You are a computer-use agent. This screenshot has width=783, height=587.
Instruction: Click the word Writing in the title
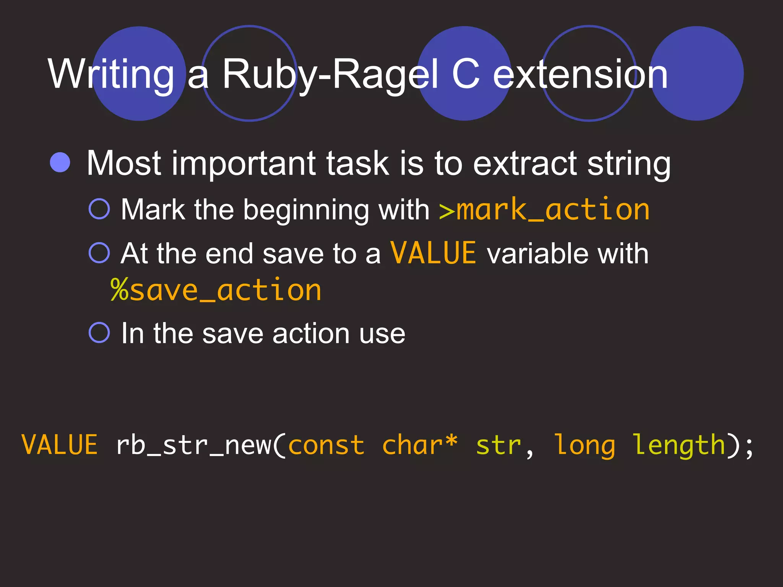point(111,75)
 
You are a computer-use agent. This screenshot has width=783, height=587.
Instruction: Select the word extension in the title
point(580,75)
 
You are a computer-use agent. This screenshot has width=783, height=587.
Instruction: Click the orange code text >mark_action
point(544,210)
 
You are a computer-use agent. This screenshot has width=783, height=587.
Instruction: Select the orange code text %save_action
point(216,290)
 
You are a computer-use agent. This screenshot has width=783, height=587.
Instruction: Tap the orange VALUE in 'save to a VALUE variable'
point(433,253)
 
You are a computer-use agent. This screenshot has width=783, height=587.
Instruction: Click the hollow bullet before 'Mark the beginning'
point(99,209)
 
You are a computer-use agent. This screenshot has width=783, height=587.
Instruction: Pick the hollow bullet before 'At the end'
point(99,253)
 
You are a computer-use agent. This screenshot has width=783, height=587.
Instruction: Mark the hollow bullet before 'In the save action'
point(99,332)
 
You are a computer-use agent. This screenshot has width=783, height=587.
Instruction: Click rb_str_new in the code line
point(193,446)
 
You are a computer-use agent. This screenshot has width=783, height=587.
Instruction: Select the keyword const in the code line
point(326,446)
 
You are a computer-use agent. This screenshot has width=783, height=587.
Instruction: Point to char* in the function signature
point(419,445)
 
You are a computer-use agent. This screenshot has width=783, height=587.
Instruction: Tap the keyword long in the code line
point(585,446)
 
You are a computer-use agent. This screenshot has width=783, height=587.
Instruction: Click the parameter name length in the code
point(679,446)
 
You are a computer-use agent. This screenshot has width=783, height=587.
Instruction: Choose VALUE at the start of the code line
point(60,446)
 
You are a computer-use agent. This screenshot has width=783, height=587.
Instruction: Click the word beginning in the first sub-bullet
point(306,211)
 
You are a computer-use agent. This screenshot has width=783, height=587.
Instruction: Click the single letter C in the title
point(465,75)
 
